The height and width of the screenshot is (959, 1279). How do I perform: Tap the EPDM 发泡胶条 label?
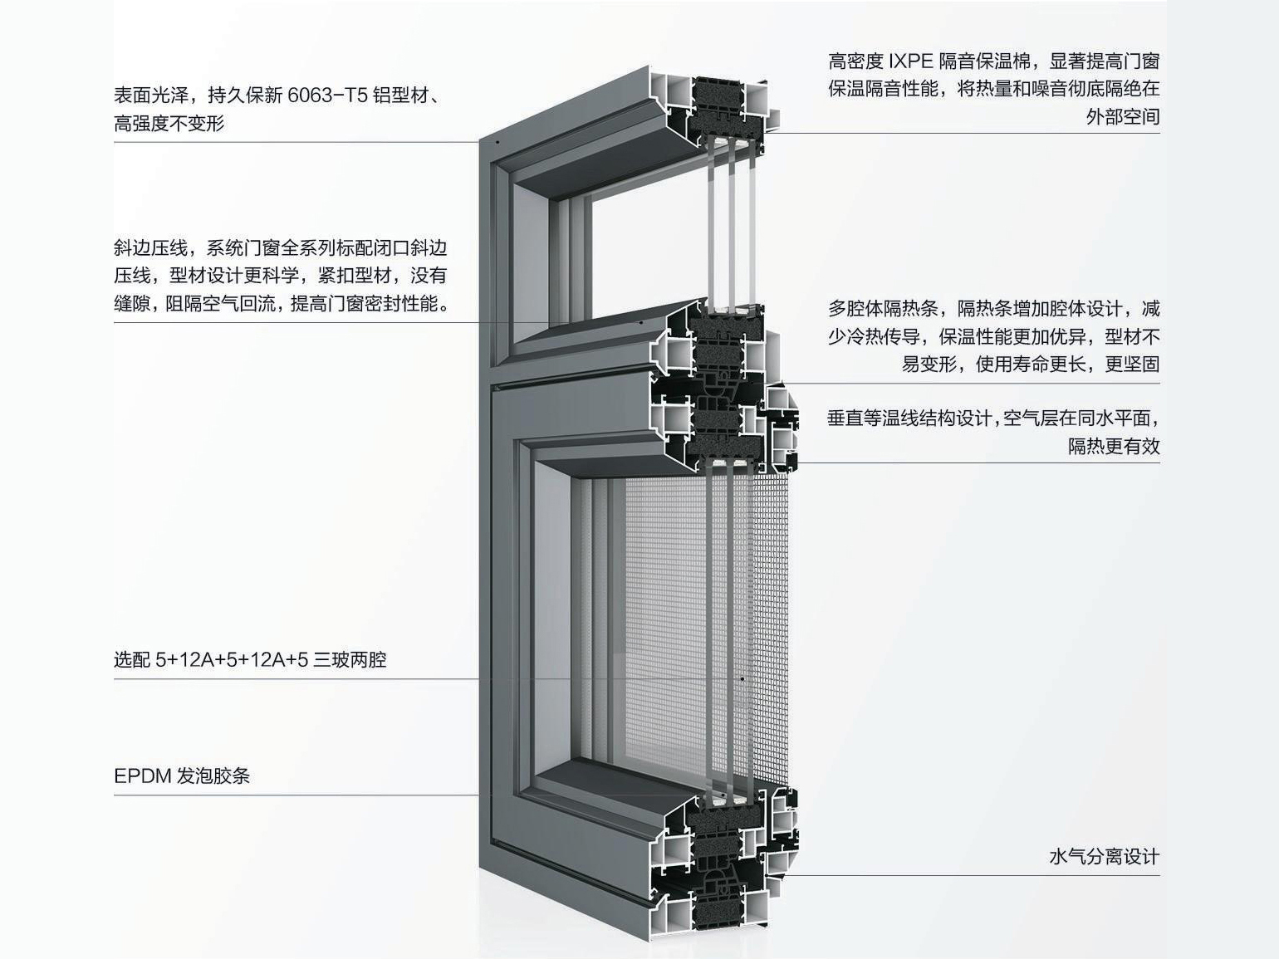[x=182, y=776]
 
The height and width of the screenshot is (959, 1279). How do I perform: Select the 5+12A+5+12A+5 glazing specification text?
[x=232, y=660]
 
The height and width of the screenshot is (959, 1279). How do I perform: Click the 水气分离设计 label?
[x=1104, y=857]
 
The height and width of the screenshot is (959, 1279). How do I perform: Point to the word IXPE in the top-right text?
[x=911, y=61]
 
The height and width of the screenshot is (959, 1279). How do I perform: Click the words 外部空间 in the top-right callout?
[x=1122, y=116]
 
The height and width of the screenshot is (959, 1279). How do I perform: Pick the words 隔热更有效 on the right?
[x=1114, y=446]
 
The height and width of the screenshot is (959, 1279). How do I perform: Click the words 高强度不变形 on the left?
[x=169, y=124]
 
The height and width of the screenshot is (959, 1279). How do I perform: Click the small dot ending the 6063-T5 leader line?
[x=497, y=142]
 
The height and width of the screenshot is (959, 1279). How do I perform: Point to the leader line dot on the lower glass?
[x=742, y=679]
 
